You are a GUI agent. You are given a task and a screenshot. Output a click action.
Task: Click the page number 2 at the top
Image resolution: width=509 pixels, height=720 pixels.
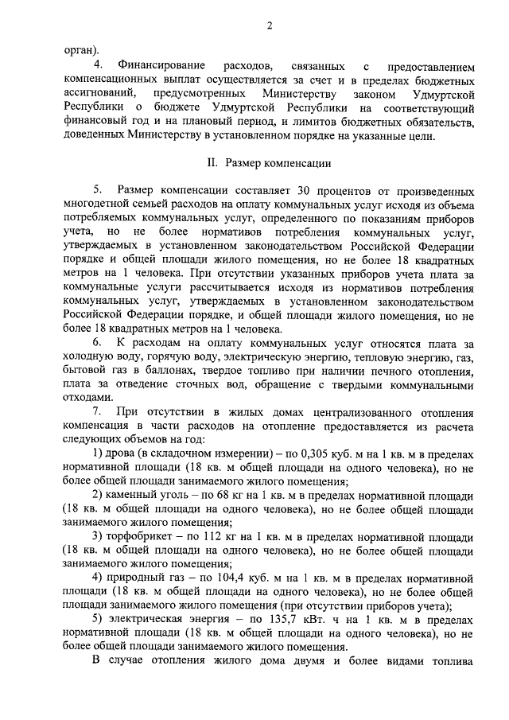[x=270, y=25]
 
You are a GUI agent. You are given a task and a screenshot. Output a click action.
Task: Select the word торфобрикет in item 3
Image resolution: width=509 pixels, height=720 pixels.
[x=136, y=537]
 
